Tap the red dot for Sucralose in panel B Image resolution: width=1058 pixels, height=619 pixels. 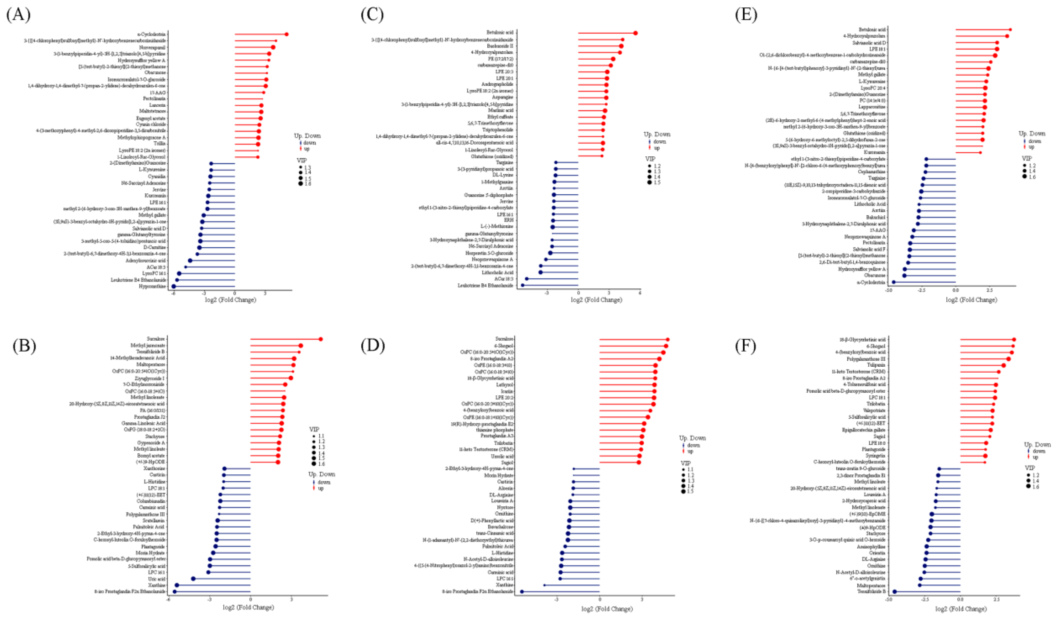tap(320, 339)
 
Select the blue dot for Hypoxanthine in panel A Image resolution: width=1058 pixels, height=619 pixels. tap(173, 287)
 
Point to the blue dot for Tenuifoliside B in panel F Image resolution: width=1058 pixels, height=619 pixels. tap(894, 592)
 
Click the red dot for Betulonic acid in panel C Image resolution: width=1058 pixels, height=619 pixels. tap(636, 33)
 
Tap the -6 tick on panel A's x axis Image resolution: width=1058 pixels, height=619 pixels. tap(173, 293)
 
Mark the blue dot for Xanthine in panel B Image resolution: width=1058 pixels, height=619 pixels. tap(177, 585)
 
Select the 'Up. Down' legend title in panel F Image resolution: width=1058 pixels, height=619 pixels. tap(1037, 445)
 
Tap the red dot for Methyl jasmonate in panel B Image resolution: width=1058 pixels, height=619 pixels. tap(301, 345)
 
